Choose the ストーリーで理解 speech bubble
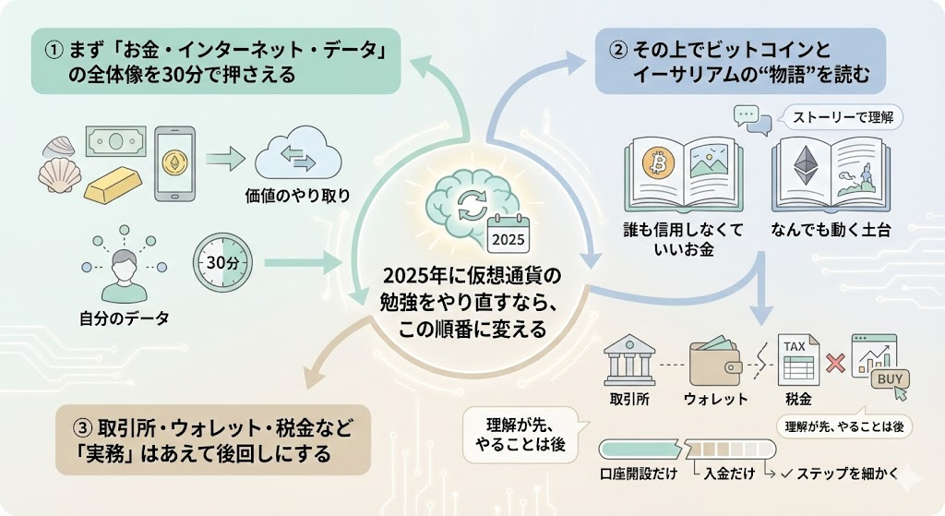[x=834, y=117]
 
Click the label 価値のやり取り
[x=297, y=196]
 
